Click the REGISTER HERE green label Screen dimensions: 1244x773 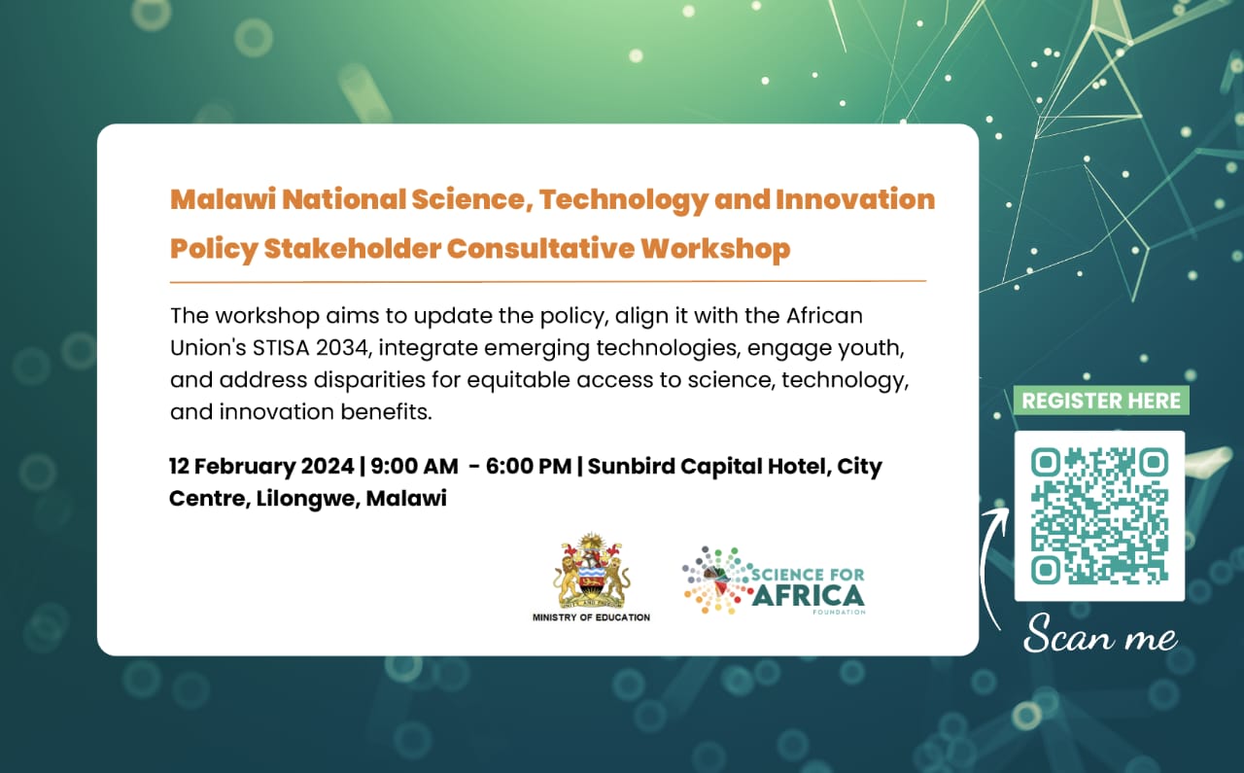click(x=1101, y=401)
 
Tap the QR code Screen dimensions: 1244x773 click(x=1099, y=515)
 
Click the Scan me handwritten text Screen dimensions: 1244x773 click(x=1100, y=634)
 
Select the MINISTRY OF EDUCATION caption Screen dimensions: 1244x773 click(x=591, y=617)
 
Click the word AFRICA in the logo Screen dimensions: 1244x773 click(x=810, y=596)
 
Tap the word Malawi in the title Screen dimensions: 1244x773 click(x=223, y=199)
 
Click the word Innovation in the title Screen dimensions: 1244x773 click(x=855, y=199)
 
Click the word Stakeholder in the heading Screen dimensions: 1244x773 click(x=353, y=248)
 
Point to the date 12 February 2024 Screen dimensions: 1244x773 click(x=261, y=466)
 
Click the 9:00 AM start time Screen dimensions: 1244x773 click(x=414, y=466)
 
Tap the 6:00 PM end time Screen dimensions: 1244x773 click(x=528, y=466)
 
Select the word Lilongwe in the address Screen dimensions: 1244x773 click(x=306, y=499)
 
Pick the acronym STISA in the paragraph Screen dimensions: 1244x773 click(x=281, y=348)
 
